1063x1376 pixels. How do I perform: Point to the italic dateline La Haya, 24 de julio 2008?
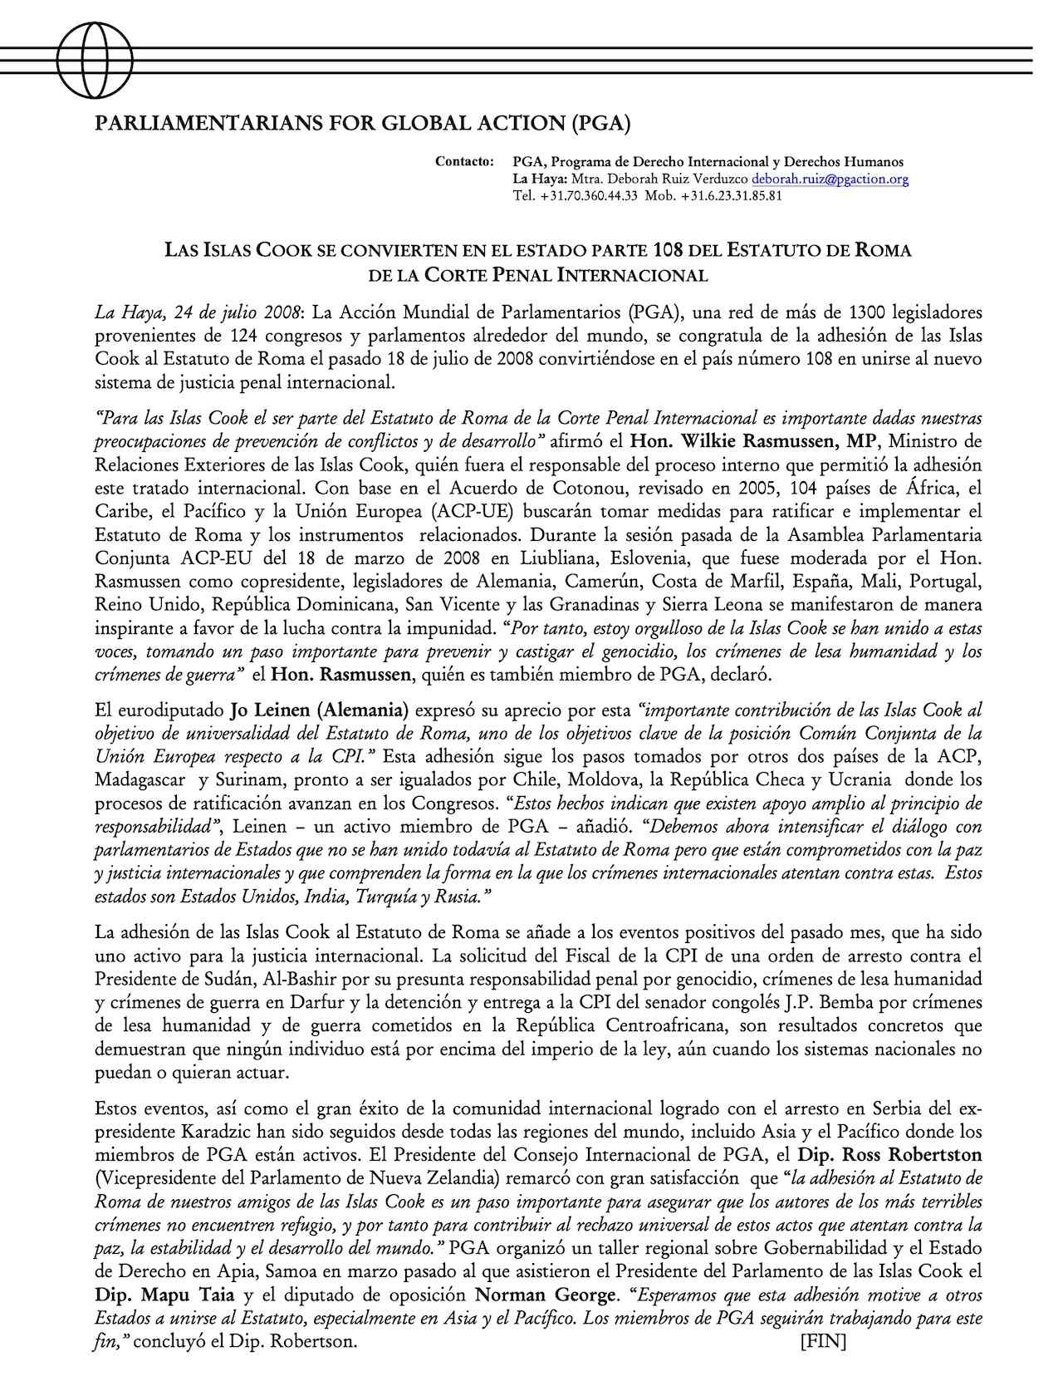pyautogui.click(x=198, y=313)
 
